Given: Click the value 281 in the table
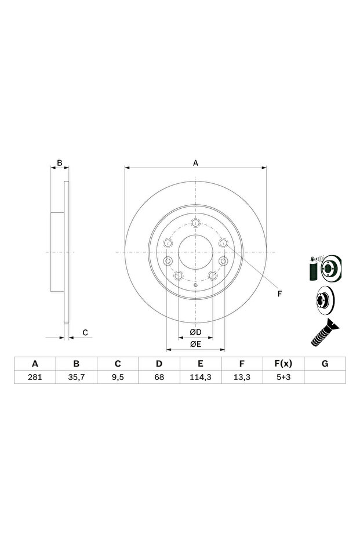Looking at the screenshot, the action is point(35,377).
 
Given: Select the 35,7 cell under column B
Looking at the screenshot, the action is point(77,377).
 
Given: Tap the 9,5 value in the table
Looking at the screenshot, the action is point(118,377).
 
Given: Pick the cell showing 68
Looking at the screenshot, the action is point(159,377).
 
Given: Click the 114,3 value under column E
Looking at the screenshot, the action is point(201,377).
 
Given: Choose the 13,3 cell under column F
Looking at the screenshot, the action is point(242,377).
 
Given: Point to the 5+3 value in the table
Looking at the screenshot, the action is point(283,377).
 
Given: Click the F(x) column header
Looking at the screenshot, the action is point(283,364).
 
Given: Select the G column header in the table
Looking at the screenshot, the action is point(325,364).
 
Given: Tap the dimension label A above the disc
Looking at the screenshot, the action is point(195,163).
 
